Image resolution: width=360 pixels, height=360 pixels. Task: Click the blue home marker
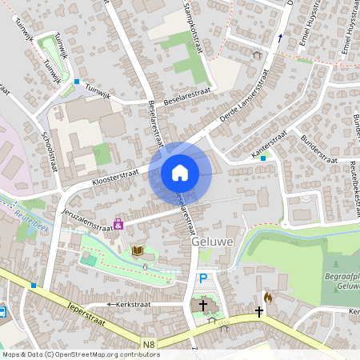(180, 173)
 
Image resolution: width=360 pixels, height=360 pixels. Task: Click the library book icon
(138, 251)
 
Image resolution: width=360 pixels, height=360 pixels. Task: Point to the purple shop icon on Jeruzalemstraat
(118, 225)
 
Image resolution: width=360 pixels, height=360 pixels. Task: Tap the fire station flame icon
(268, 297)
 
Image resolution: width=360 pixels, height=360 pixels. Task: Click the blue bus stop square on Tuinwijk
(77, 82)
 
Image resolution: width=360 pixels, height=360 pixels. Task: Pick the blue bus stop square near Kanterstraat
(263, 158)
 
